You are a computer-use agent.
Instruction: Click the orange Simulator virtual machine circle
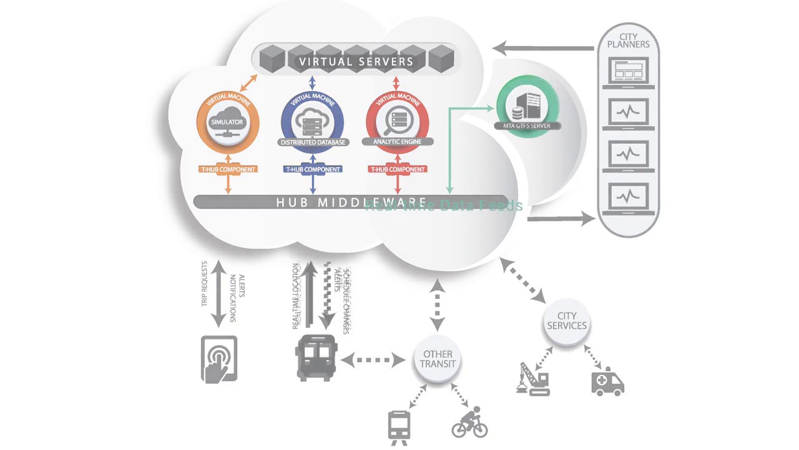coord(227,122)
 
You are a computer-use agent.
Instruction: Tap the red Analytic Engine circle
coord(397,122)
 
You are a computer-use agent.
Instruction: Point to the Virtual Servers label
coord(356,61)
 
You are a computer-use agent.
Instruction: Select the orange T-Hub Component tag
coord(228,169)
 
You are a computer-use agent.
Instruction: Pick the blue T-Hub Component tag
coord(313,169)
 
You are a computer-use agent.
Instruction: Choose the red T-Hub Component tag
coord(398,169)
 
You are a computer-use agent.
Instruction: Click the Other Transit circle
coord(438,359)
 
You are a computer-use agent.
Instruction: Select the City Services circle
coord(567,321)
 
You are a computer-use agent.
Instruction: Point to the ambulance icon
coord(607,381)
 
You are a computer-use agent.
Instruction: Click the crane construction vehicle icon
coord(533,379)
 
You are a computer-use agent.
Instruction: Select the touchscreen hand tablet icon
coord(219,359)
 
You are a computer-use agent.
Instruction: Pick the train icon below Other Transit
coord(399,427)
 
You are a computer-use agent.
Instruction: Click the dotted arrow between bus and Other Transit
coord(373,360)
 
